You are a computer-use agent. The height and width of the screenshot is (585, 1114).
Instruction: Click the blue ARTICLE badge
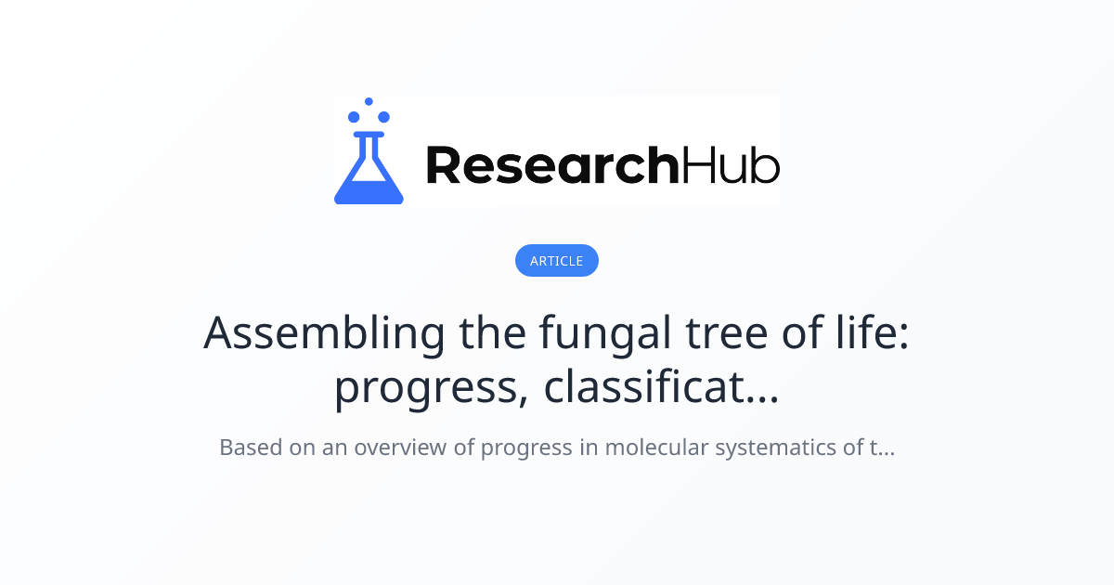click(x=556, y=261)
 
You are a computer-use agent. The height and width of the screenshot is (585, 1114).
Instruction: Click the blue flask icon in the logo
click(x=369, y=162)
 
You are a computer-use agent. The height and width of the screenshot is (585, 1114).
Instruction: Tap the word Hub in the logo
click(x=730, y=165)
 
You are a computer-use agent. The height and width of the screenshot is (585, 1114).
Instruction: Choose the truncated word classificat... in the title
click(x=661, y=388)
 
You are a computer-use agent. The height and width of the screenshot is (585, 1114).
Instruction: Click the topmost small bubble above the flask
click(x=369, y=101)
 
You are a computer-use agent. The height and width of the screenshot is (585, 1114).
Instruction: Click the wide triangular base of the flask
click(x=369, y=186)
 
